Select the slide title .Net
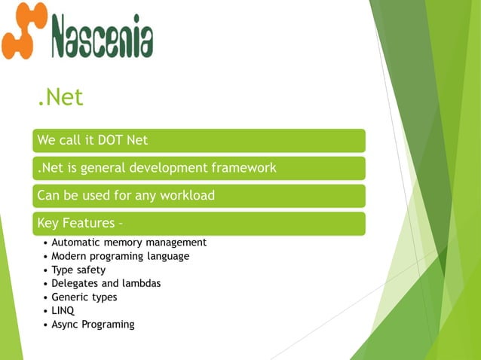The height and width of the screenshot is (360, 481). (60, 97)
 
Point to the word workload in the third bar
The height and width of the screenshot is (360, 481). (186, 196)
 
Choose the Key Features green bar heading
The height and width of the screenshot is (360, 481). (80, 224)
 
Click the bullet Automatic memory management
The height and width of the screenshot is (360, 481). (128, 243)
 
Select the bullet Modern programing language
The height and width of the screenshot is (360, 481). (120, 256)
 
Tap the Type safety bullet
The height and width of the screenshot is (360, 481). (78, 270)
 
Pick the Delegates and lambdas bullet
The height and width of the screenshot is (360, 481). (106, 283)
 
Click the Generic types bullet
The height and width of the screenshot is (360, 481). (84, 297)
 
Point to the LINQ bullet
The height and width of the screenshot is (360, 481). (63, 310)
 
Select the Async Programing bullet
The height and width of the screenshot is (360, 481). (93, 325)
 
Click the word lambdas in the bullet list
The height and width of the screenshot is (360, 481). (140, 283)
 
